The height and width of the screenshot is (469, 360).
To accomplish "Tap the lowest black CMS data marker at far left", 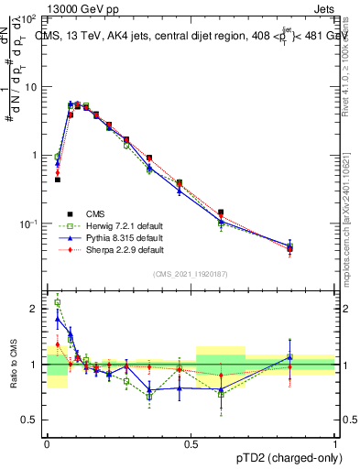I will pyautogui.click(x=58, y=180).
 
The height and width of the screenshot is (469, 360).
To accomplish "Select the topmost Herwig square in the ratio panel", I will pyautogui.click(x=58, y=302).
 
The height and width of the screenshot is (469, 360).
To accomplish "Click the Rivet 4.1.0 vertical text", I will pyautogui.click(x=345, y=64).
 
